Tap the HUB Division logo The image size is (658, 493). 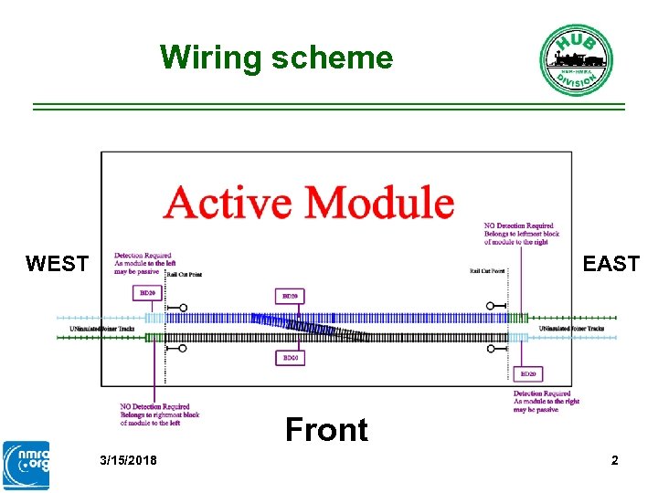pyautogui.click(x=575, y=60)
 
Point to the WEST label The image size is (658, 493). pyautogui.click(x=57, y=265)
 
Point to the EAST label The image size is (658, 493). pyautogui.click(x=610, y=265)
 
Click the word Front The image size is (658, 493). pyautogui.click(x=326, y=429)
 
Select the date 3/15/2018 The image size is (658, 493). pyautogui.click(x=128, y=460)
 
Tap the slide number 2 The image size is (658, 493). pyautogui.click(x=614, y=460)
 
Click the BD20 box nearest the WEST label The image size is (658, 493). pyautogui.click(x=145, y=293)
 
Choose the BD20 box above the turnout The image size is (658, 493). pyautogui.click(x=289, y=296)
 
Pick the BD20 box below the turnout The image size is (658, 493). pyautogui.click(x=289, y=358)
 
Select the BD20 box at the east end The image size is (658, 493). pyautogui.click(x=527, y=373)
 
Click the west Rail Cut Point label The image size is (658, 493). pyautogui.click(x=184, y=274)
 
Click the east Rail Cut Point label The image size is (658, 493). pyautogui.click(x=487, y=271)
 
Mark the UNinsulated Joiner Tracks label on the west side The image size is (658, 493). pyautogui.click(x=102, y=329)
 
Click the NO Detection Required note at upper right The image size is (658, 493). pyautogui.click(x=519, y=235)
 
